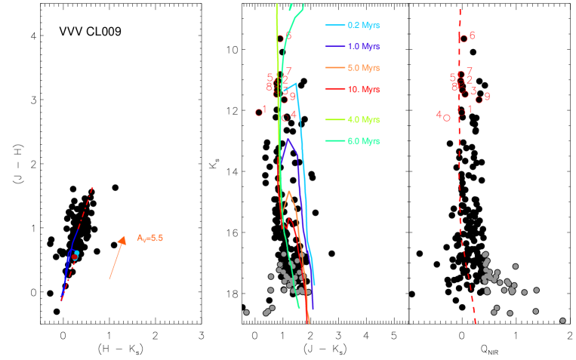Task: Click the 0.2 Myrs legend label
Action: (363, 25)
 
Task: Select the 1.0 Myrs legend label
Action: (363, 46)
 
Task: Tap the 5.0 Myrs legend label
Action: (363, 68)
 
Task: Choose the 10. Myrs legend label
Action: (363, 89)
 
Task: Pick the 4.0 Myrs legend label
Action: (363, 119)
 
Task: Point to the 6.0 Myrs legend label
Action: (363, 141)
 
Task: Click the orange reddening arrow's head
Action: (123, 238)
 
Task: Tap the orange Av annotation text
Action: (150, 238)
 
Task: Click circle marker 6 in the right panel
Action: (464, 38)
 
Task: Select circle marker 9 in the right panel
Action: (479, 100)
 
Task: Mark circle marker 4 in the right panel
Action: (447, 118)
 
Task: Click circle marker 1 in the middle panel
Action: (259, 112)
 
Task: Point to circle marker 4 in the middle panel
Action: (285, 117)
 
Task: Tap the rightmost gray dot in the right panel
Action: (562, 321)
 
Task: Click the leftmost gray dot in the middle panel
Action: (246, 312)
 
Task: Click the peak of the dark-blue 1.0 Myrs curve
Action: (288, 139)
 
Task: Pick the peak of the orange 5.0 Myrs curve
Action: (288, 191)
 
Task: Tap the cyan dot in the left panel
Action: (77, 253)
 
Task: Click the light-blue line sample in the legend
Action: (334, 25)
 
